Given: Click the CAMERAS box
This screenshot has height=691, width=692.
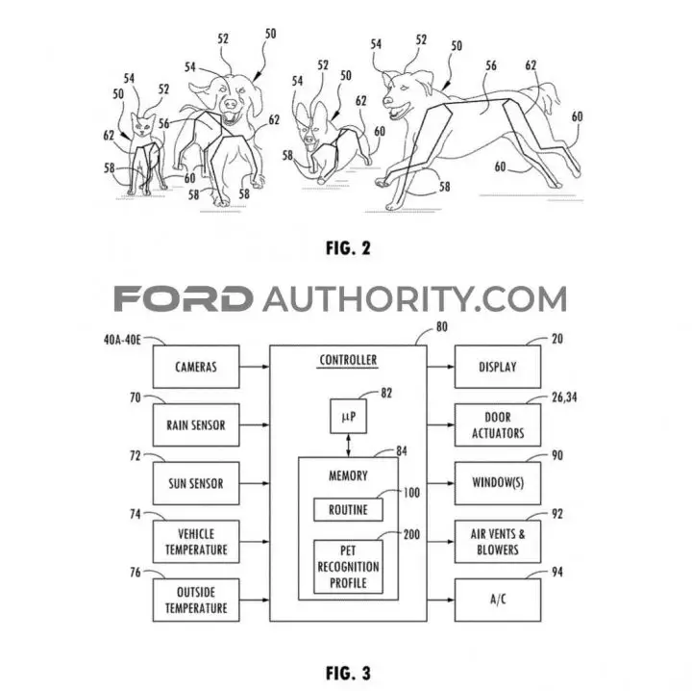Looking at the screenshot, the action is coord(196,367).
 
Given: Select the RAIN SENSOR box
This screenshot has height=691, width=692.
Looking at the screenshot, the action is coord(196,425).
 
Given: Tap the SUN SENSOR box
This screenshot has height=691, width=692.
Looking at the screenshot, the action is coord(196,483).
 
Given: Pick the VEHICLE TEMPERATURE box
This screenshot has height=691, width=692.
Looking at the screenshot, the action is coord(196,542).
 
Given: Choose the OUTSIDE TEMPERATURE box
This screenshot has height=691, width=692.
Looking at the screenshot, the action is coord(196,600).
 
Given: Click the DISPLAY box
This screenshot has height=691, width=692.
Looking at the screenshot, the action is coord(498,367).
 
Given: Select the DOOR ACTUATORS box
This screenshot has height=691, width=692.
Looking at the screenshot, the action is coord(498,425).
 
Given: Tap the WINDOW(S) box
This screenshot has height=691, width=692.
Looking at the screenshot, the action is coord(498,483).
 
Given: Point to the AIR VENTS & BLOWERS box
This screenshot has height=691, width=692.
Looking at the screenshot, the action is coord(498,542).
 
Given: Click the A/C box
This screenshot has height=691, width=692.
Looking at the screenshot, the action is coord(498,600).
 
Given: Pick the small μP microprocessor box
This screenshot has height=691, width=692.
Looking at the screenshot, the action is coord(348,416).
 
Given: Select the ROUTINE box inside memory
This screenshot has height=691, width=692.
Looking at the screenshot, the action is coord(348,510).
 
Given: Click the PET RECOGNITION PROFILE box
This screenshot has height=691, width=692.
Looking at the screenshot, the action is coord(348,567).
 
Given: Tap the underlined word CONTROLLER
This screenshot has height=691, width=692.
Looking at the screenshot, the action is coord(348,361).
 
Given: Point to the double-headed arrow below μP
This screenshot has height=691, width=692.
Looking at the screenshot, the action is coord(349,446).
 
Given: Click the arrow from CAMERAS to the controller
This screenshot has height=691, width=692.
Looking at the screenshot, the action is coord(255,367).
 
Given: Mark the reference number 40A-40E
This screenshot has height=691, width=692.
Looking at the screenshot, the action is coord(122,340).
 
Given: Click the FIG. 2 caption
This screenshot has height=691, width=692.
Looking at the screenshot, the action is coord(348,248).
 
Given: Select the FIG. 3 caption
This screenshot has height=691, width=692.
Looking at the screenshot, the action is coord(348,674).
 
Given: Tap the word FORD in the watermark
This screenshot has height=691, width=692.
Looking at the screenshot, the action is coord(184,298).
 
